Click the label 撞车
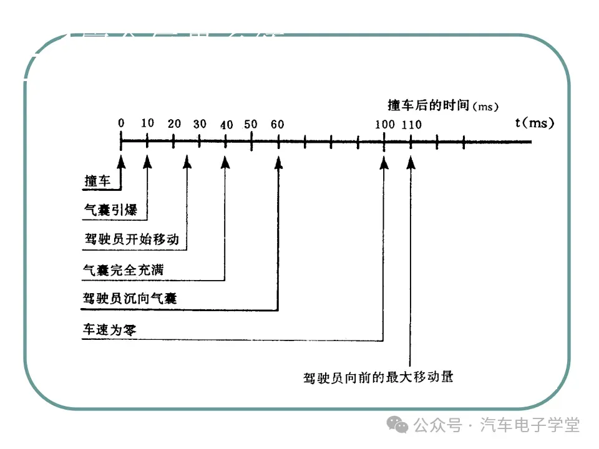tap(97, 181)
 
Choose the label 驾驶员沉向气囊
tap(130, 298)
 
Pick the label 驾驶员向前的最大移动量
tap(377, 377)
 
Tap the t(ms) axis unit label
tap(535, 122)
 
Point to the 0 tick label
tap(121, 123)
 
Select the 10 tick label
tap(147, 123)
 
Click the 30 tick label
tap(200, 124)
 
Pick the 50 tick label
tap(251, 124)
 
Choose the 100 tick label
tap(384, 124)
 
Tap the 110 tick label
tap(411, 124)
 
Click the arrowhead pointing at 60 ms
tap(278, 162)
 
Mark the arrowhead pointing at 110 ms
tap(411, 162)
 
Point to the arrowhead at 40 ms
tap(225, 162)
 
